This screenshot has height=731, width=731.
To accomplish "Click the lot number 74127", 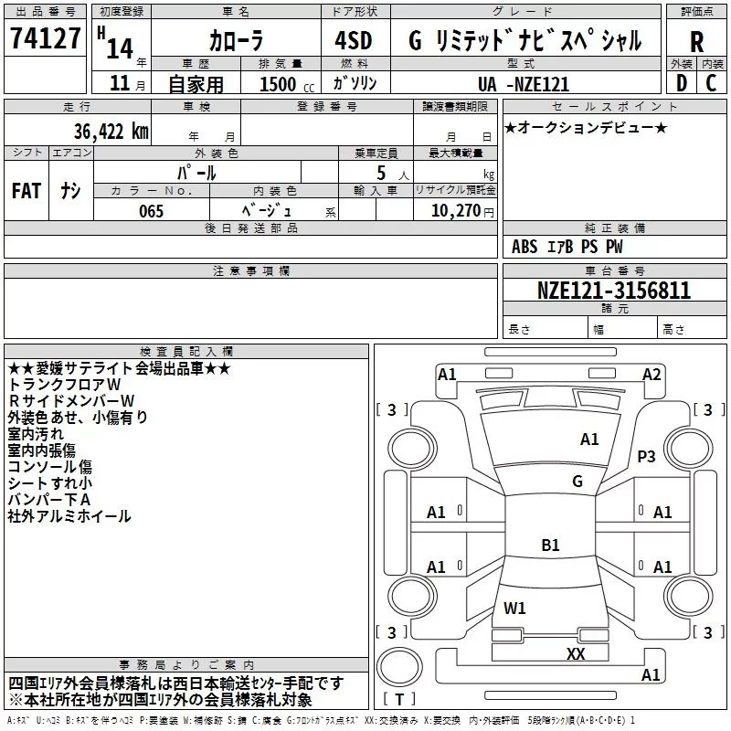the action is tap(46, 39).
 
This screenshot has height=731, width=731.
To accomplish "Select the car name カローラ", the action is tap(236, 41).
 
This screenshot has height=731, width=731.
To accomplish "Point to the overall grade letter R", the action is tap(696, 42).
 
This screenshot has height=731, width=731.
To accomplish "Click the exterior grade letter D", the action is tap(681, 82).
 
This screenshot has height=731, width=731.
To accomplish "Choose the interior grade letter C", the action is tap(712, 82).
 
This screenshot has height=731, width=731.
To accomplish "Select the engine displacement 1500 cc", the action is tap(281, 84).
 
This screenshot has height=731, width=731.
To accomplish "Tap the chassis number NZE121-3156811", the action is tap(613, 291).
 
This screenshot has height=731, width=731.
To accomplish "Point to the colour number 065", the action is tap(151, 211).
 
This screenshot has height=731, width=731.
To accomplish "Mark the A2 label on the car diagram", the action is tap(652, 374).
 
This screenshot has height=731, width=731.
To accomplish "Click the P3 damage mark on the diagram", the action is tap(647, 456).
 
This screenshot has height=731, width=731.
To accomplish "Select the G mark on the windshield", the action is tap(577, 482).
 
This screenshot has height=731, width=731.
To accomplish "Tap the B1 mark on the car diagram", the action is tap(550, 546).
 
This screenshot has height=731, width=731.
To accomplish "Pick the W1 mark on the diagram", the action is tap(514, 608).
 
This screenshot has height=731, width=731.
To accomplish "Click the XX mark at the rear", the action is tap(576, 653).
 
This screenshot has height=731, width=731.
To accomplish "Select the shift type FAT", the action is tap(26, 190).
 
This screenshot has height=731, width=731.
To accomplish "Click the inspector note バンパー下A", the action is tap(48, 500).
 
